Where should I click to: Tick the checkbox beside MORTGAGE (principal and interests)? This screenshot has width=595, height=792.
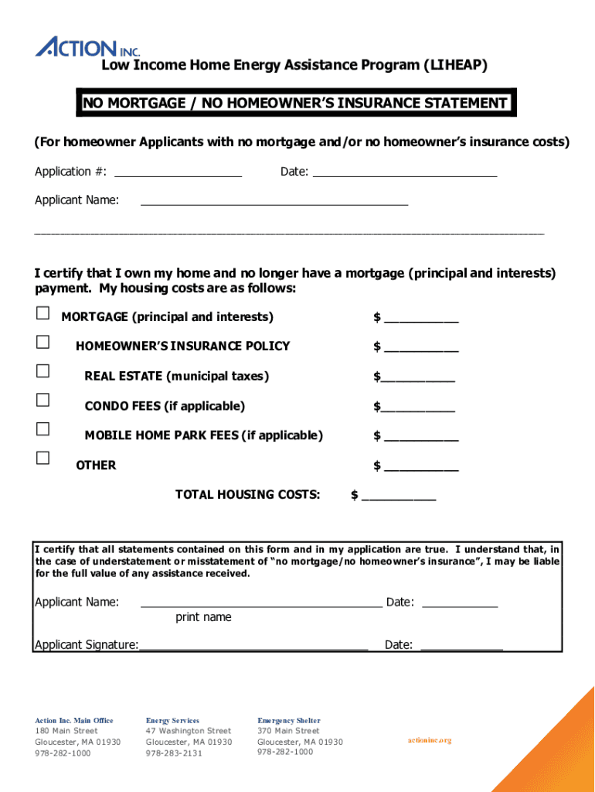click(42, 313)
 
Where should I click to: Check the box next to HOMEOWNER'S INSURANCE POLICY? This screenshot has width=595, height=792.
click(42, 342)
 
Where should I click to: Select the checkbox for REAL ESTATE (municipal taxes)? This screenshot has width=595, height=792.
click(42, 371)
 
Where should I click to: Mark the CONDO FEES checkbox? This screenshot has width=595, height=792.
click(42, 400)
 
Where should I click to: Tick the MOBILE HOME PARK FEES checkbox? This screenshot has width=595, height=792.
click(42, 429)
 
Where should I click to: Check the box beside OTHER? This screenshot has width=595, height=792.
click(42, 458)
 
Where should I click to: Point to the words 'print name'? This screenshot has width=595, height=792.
click(203, 617)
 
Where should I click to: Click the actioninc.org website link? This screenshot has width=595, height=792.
click(429, 740)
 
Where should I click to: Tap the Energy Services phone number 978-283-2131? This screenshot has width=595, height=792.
click(174, 753)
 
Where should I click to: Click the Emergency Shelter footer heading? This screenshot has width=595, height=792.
click(288, 720)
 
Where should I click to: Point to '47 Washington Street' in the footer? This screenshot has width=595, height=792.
click(188, 731)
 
